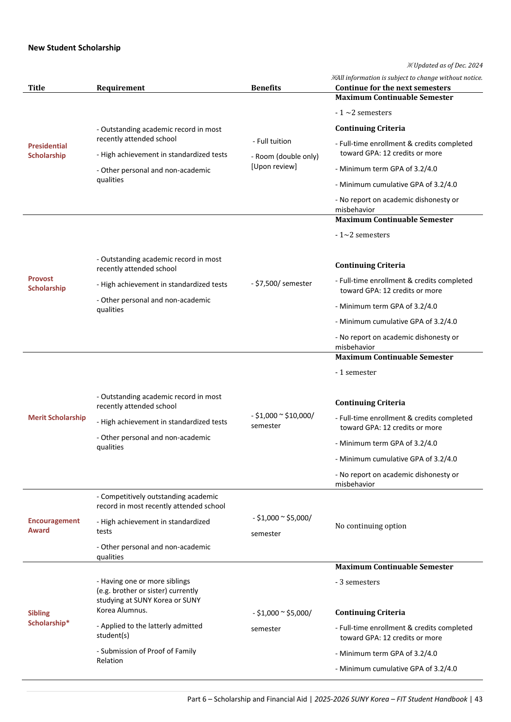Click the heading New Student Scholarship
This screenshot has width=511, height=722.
coord(74,48)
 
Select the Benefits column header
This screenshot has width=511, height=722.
coord(266,88)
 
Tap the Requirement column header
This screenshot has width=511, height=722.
coord(120,88)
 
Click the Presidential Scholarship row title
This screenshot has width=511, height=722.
coord(47,151)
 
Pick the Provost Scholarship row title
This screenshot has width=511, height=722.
coord(47,283)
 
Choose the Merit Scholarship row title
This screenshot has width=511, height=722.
coord(57,418)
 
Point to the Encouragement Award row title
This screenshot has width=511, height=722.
coord(53,526)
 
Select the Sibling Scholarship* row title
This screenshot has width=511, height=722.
coord(48,618)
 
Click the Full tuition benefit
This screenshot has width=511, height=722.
coord(272,141)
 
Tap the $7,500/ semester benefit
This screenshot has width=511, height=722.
coord(282,283)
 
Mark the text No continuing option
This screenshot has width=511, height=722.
coord(371,526)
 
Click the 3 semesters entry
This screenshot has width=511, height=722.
coord(358,582)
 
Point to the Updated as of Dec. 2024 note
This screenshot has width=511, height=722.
coord(445,65)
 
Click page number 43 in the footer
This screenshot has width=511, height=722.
coord(479,699)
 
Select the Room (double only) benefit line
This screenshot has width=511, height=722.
coord(285,156)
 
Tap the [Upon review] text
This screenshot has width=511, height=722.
coord(274,166)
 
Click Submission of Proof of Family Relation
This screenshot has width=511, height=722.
coord(146,656)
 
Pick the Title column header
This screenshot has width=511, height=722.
coord(37,88)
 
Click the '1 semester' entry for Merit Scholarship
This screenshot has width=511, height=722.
coord(357,372)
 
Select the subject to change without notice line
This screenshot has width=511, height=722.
coord(407,78)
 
